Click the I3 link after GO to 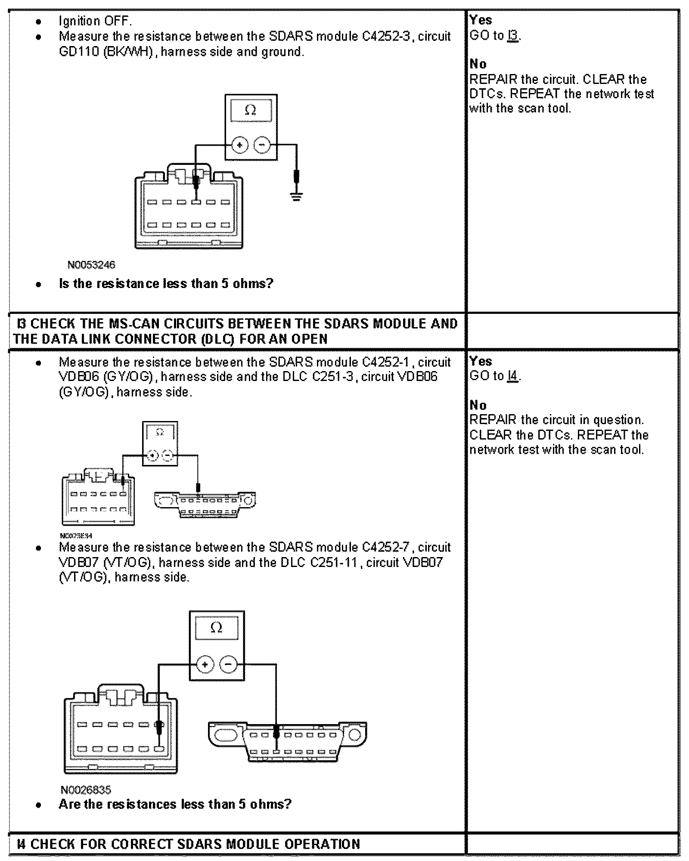point(513,36)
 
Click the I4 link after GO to point(513,376)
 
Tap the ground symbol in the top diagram point(296,198)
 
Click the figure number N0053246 point(91,265)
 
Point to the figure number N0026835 point(86,790)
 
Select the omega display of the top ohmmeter point(251,111)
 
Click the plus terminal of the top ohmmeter point(239,145)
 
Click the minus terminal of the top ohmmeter point(262,145)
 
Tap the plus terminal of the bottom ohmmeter point(205,664)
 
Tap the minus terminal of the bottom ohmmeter point(228,664)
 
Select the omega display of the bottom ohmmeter point(216,628)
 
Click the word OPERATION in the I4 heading point(322,844)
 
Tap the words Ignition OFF point(95,21)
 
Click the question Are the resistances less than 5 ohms point(175,804)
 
